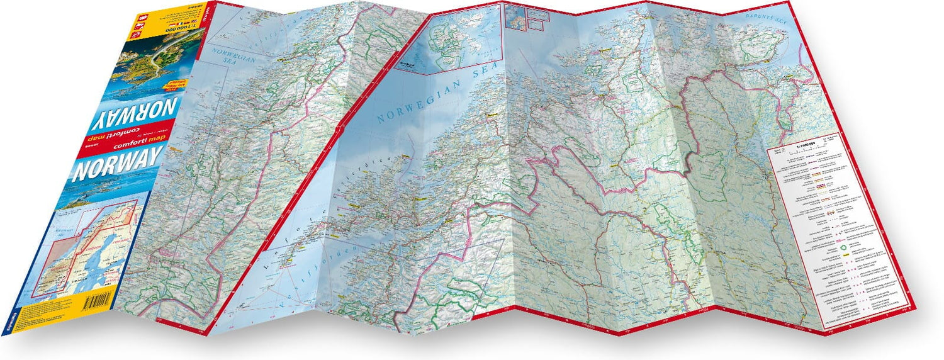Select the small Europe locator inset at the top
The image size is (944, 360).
514,16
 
